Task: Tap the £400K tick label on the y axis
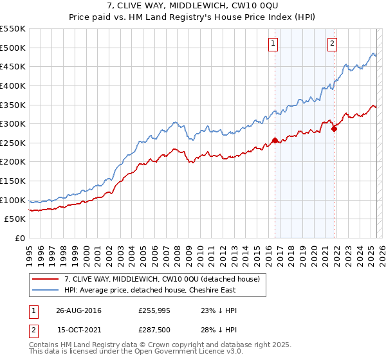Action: click(x=13, y=85)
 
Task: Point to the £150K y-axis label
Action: click(x=13, y=181)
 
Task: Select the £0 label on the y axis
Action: click(x=19, y=238)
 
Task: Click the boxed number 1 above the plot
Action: click(x=273, y=44)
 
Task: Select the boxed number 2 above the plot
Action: click(x=333, y=44)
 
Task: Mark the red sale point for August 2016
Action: click(x=275, y=140)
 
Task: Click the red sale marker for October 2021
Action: click(x=335, y=129)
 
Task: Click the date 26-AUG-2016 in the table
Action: click(x=78, y=310)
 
